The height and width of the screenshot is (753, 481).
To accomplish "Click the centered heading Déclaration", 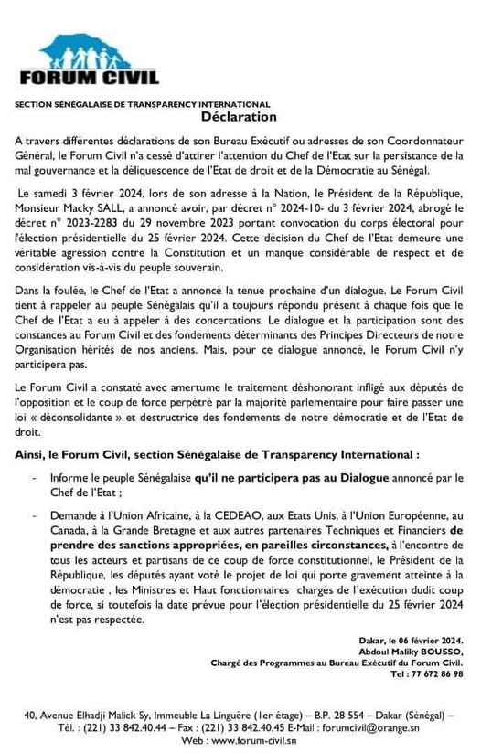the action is (x=240, y=118).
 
